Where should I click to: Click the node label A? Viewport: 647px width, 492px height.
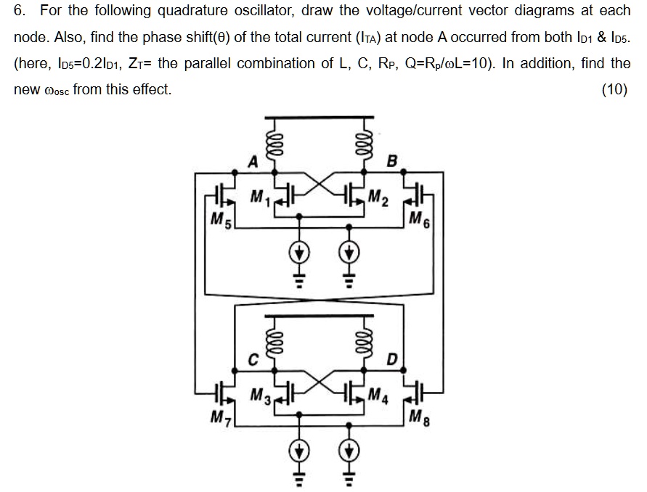pos(253,161)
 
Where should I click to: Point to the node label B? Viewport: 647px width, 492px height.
pos(392,161)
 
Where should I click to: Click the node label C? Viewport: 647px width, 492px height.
pos(253,358)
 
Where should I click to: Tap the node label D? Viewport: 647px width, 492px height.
pos(392,358)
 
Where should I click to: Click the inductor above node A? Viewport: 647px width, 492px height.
pos(274,142)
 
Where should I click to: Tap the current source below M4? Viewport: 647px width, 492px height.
pos(349,451)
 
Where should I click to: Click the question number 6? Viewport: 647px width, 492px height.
pos(20,11)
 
